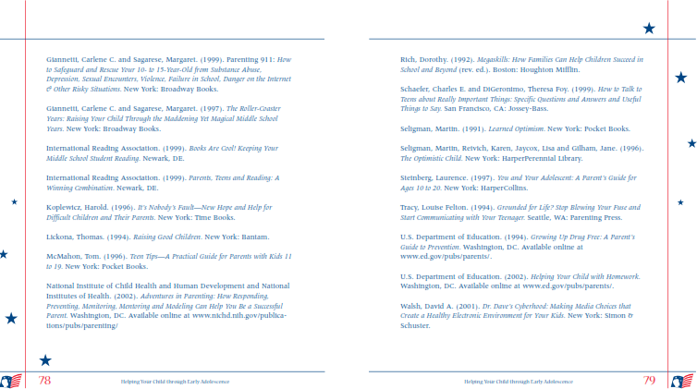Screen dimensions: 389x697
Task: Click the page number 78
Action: tap(44, 380)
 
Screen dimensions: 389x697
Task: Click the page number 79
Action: tap(649, 380)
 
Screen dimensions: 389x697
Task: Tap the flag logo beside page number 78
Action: tap(11, 381)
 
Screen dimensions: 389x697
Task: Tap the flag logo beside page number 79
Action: tap(682, 381)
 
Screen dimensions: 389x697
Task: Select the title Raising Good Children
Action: tap(132, 237)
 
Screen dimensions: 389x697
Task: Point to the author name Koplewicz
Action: tap(67, 207)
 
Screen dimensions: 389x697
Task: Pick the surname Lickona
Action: tap(63, 237)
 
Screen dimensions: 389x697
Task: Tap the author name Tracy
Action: tap(410, 207)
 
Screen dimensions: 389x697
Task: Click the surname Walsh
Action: tap(412, 306)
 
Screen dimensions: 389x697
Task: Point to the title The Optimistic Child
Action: tap(434, 158)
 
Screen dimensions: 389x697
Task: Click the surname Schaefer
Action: tap(419, 90)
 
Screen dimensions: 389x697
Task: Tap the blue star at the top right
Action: tap(649, 29)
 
